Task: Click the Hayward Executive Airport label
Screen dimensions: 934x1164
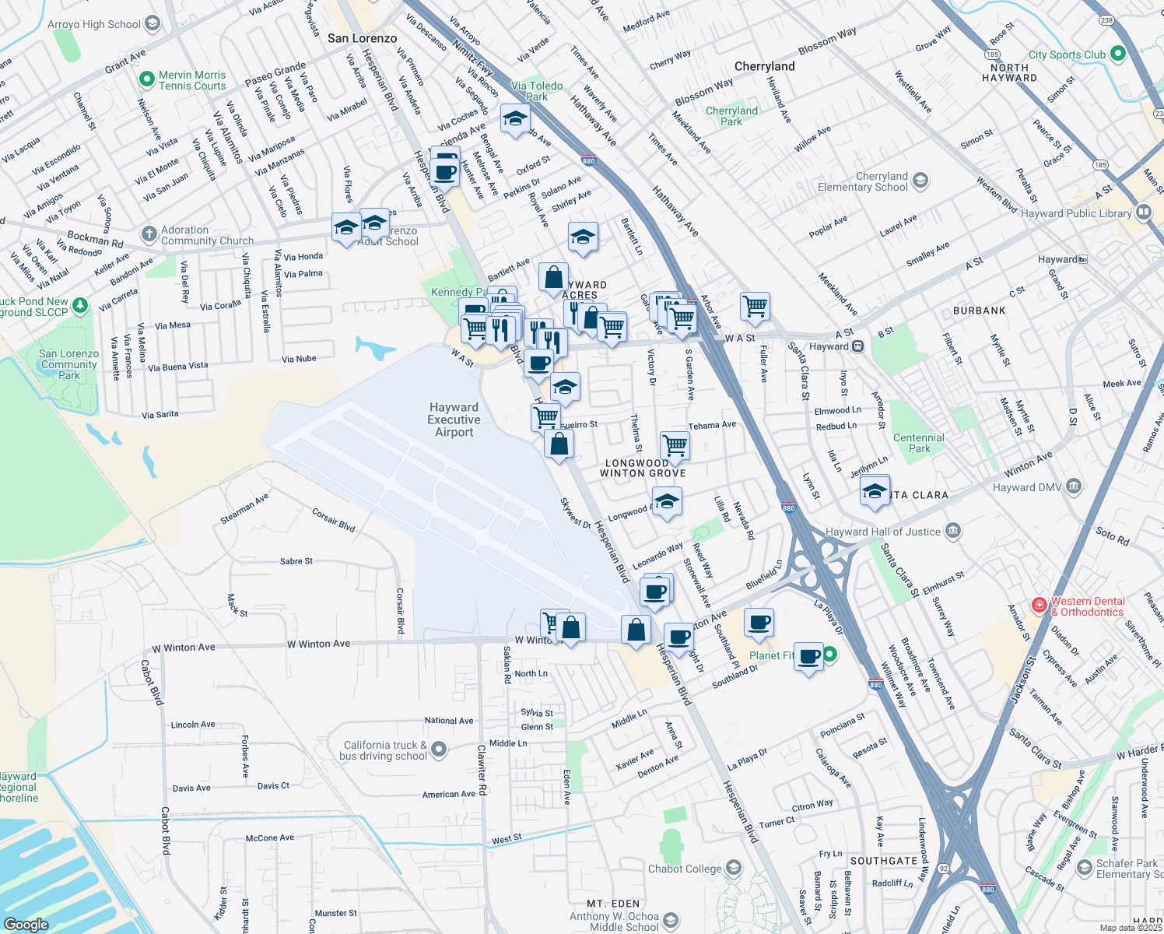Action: tap(454, 420)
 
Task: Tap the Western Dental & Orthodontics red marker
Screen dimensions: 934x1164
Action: tap(1039, 605)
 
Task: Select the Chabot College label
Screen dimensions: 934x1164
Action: tap(685, 869)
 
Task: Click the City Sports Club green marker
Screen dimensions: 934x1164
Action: tap(1118, 54)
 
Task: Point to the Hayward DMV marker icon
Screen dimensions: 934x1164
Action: tap(1074, 486)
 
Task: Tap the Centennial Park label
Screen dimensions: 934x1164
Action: tap(918, 443)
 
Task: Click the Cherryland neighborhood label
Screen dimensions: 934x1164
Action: tap(764, 66)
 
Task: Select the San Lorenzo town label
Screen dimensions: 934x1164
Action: tap(362, 38)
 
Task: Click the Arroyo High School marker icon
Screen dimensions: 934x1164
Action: tap(153, 23)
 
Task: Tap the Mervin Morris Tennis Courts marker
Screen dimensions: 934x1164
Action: tap(146, 79)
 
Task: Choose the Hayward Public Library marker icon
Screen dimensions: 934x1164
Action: tap(1143, 212)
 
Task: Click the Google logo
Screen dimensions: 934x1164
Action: tap(26, 924)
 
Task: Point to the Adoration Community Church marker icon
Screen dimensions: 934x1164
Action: tap(149, 234)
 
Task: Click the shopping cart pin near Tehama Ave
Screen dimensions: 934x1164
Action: tap(675, 445)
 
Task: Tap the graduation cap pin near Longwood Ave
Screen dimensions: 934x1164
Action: tap(667, 502)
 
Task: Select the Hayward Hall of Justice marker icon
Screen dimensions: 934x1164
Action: tap(954, 532)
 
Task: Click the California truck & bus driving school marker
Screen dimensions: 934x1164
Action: tap(439, 750)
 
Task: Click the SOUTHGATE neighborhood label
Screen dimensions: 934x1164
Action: tap(883, 861)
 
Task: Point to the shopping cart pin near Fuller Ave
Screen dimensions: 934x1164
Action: tap(755, 306)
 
